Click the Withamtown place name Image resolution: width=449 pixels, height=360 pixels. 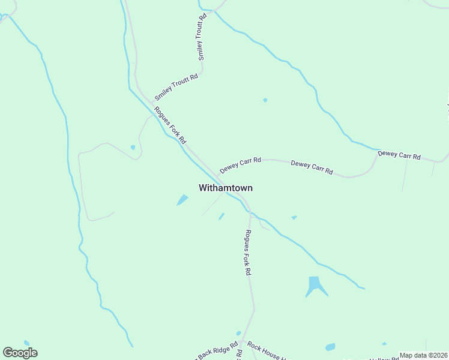[x=226, y=188]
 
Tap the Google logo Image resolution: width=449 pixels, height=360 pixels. [x=20, y=353]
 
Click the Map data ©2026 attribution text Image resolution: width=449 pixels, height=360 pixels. [x=424, y=355]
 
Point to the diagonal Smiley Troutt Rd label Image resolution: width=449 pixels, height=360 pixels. [x=176, y=88]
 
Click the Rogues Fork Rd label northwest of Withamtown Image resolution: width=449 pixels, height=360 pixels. [x=170, y=125]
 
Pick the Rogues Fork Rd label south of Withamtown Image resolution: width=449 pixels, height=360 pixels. [x=247, y=253]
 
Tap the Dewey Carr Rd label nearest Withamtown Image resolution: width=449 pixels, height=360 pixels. [x=240, y=164]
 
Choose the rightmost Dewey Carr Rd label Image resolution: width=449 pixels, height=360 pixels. [x=399, y=155]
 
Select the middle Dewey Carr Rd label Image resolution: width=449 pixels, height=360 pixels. [x=312, y=167]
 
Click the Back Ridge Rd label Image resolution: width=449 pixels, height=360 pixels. [x=217, y=353]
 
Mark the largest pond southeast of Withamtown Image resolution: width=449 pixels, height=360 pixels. [x=315, y=286]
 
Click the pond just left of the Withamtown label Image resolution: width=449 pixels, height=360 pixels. [x=182, y=200]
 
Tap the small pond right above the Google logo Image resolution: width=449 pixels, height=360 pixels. [x=26, y=343]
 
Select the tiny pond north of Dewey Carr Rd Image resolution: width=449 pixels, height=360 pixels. [x=265, y=100]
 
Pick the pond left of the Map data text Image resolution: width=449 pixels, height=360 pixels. [x=330, y=347]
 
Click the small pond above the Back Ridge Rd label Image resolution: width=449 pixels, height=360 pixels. [x=238, y=333]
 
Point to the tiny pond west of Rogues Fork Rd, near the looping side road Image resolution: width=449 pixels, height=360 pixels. [x=133, y=147]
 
